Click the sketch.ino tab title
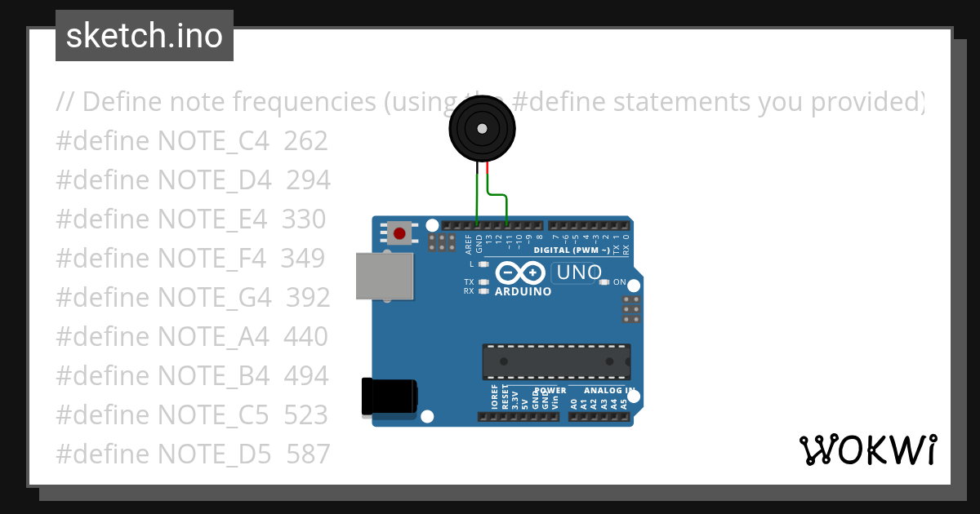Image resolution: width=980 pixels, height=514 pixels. pos(145,36)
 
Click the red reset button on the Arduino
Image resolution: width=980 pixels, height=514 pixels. pos(399,233)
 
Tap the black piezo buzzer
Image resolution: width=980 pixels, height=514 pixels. pos(482,129)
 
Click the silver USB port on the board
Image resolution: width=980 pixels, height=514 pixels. pos(385,276)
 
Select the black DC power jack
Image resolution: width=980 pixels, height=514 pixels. pos(390,397)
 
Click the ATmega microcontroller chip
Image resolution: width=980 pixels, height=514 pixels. pos(555,361)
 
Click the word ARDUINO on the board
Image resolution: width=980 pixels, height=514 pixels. pos(523,291)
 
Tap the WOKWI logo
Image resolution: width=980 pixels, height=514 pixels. pos(867,450)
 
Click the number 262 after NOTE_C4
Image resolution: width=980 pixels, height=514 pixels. pos(305,141)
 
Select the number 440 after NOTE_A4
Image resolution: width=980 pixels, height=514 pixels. pos(305,336)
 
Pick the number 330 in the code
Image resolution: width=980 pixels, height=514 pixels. pos(304,219)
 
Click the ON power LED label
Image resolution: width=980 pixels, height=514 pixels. pos(620,282)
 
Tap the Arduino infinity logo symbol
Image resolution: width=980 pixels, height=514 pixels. pos(520,273)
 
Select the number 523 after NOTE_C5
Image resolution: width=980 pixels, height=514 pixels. pos(305,414)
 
